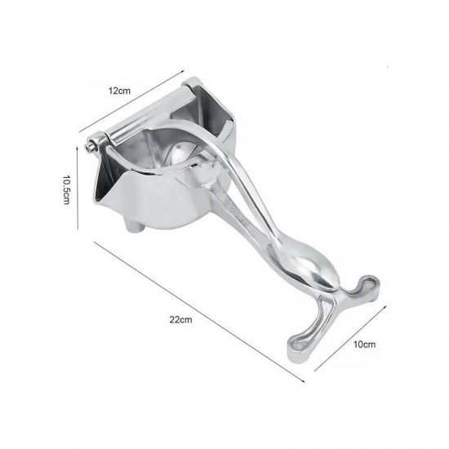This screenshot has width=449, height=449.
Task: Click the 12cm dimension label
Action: click(x=119, y=91)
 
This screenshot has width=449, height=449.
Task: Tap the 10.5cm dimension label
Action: click(x=66, y=190)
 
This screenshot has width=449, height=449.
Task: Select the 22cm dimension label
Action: click(x=180, y=319)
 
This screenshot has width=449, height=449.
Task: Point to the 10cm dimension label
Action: click(x=364, y=345)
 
